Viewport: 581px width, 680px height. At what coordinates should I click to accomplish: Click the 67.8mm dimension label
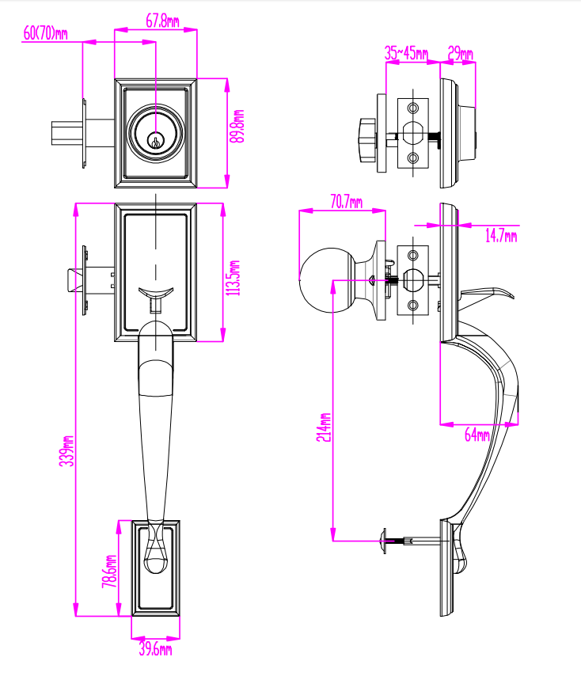tap(162, 21)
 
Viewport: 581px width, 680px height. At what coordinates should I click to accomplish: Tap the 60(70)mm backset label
tap(45, 33)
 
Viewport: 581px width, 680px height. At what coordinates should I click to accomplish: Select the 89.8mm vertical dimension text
tap(237, 126)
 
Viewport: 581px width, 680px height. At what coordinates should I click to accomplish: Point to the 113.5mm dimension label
tap(234, 278)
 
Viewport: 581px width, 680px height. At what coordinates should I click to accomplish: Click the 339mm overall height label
tap(66, 451)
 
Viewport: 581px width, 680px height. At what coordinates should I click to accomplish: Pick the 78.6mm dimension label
tap(109, 571)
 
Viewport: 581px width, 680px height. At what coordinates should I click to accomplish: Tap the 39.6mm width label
tap(155, 649)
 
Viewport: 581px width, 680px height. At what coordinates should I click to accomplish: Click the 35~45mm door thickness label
tap(406, 53)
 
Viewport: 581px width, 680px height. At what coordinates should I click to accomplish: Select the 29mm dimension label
tap(460, 53)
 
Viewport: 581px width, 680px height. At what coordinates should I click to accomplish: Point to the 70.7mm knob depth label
tap(346, 202)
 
